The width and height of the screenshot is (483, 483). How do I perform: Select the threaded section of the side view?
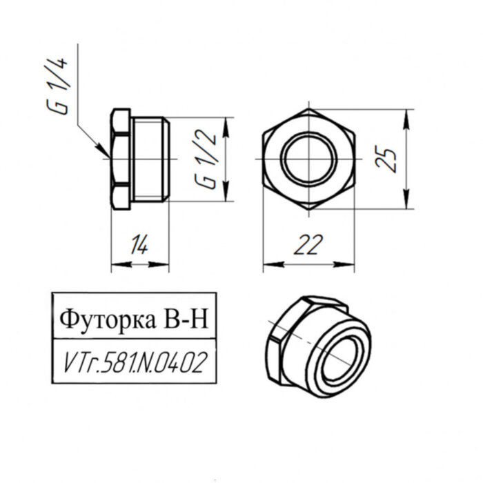coord(150,159)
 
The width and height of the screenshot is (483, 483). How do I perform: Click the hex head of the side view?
coord(121,159)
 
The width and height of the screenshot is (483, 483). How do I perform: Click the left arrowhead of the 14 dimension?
coord(116,263)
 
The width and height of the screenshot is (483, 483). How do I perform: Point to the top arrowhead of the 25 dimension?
coord(408,115)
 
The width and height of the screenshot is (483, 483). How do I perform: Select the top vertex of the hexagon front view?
coord(309,109)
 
